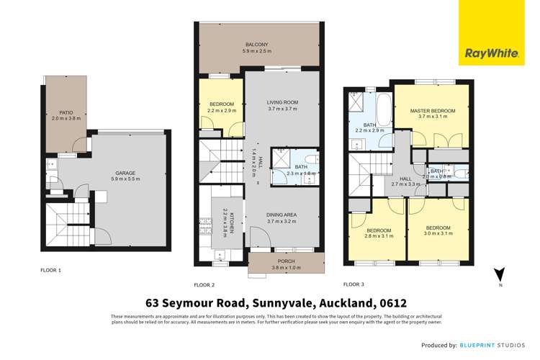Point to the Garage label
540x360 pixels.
click(126, 173)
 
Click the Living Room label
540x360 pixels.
click(282, 103)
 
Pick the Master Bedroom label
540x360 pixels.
click(430, 111)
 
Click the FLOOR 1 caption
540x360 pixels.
click(50, 270)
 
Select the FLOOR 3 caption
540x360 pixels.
click(355, 284)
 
